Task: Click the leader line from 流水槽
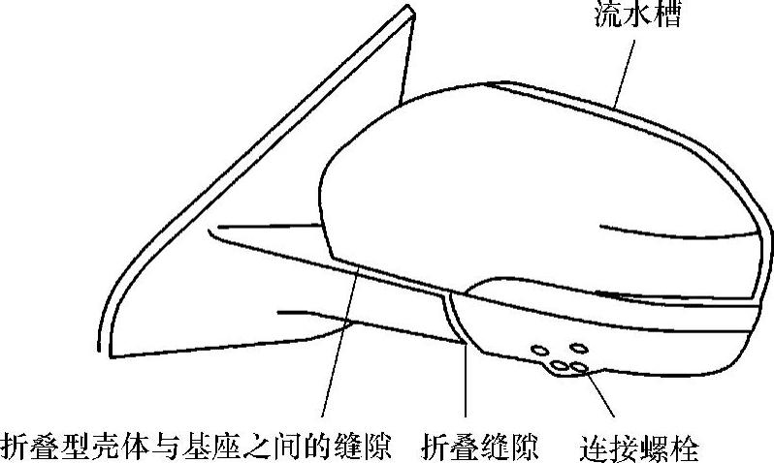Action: (x=628, y=68)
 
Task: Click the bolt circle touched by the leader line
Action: (x=578, y=367)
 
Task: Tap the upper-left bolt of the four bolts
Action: (x=539, y=351)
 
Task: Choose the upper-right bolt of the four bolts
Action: (x=579, y=347)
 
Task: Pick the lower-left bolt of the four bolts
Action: (x=560, y=367)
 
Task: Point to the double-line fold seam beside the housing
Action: (x=455, y=320)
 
